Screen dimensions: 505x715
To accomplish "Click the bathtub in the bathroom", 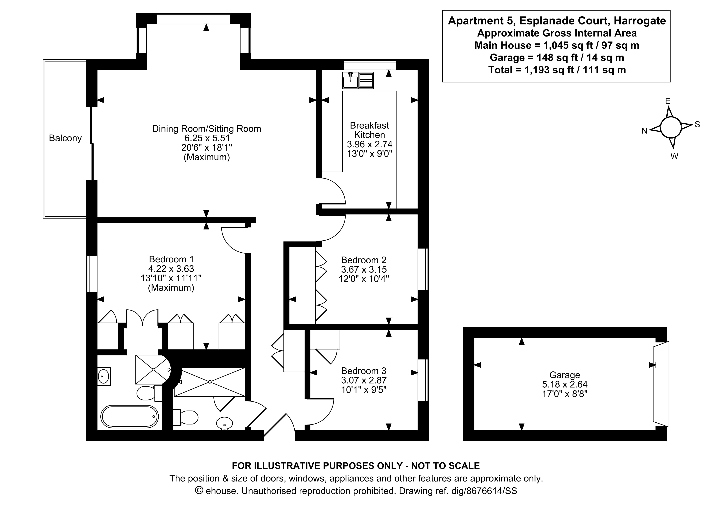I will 130,417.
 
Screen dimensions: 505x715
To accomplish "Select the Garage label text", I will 564,375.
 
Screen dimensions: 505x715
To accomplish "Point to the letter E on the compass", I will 667,101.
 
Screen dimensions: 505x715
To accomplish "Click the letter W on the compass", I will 674,156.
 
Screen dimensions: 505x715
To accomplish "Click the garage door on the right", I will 661,384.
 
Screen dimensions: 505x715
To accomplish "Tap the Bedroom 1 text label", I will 171,259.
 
